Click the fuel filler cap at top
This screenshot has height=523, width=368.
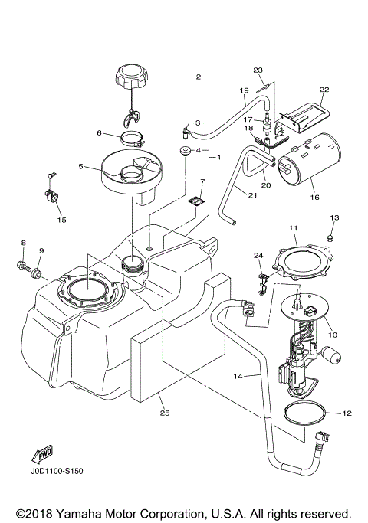(x=132, y=77)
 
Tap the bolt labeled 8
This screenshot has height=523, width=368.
(x=21, y=268)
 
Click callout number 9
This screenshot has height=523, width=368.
(x=41, y=251)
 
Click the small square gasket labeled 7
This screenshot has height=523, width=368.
(x=197, y=201)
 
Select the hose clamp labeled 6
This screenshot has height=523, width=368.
(x=134, y=139)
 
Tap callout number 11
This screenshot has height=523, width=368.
(x=293, y=228)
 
